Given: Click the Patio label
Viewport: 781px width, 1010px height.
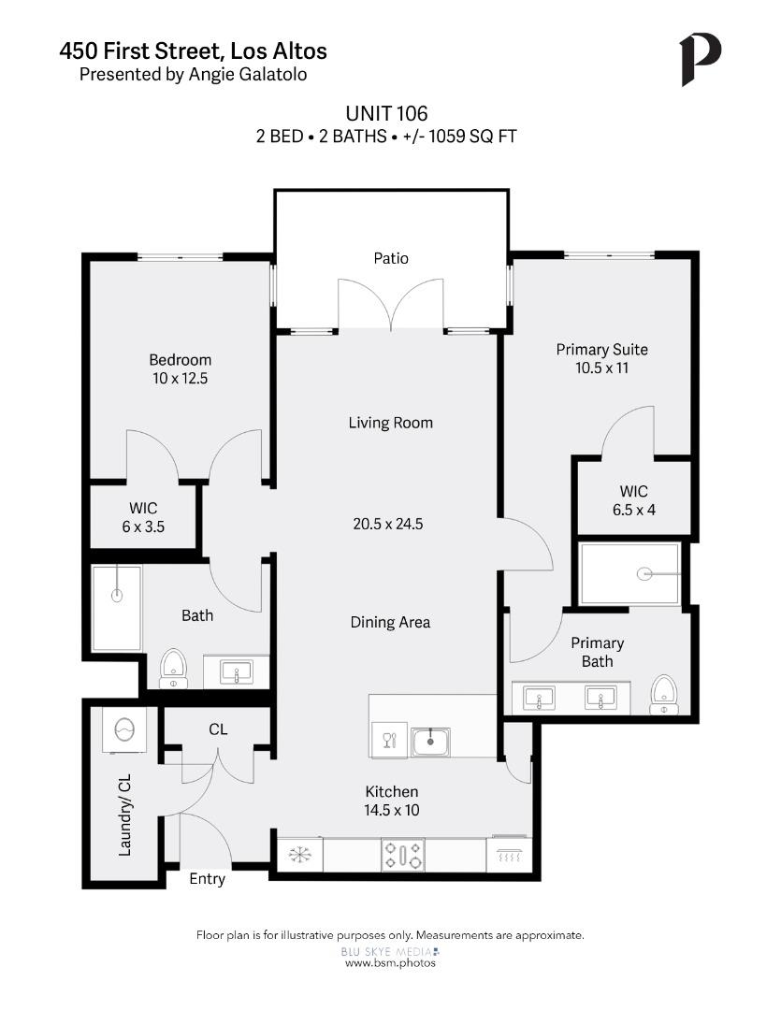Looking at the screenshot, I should point(391,258).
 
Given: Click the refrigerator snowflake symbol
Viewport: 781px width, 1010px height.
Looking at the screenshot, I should point(299,855).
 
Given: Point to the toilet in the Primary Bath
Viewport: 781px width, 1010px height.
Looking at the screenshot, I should point(664,694).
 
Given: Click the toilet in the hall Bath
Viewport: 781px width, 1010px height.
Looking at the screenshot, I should point(171,669).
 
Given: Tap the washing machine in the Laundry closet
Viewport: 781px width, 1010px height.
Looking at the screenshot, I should point(123,729).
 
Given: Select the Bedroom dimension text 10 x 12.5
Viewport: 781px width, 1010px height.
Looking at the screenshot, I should point(180,379).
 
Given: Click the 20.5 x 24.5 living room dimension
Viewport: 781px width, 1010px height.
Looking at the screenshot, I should point(388,524).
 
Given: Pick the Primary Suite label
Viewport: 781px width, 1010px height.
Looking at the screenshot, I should point(601,350).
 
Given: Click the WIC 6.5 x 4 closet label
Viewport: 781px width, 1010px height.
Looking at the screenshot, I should point(633,500).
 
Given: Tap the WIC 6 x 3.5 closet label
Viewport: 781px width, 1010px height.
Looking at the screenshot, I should point(143,517).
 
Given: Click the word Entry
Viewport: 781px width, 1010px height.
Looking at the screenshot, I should point(207,879).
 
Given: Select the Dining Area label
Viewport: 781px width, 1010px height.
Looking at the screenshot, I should point(390,622).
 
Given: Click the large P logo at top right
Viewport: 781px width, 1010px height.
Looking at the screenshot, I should point(700,60).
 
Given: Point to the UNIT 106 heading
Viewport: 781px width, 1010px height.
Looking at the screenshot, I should point(386,114).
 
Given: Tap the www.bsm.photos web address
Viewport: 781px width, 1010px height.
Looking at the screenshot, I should point(390,963).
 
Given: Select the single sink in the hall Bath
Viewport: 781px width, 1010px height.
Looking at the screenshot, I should point(236,671).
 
